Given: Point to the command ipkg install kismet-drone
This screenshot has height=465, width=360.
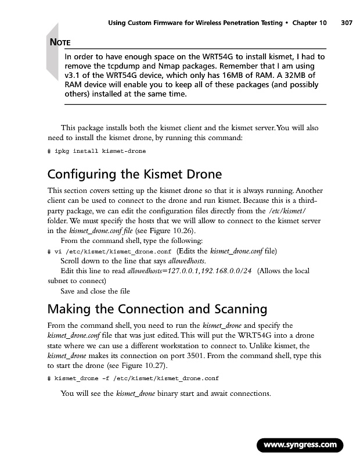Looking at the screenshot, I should (x=100, y=151).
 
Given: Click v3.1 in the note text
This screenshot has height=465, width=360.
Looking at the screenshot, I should (x=73, y=76).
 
